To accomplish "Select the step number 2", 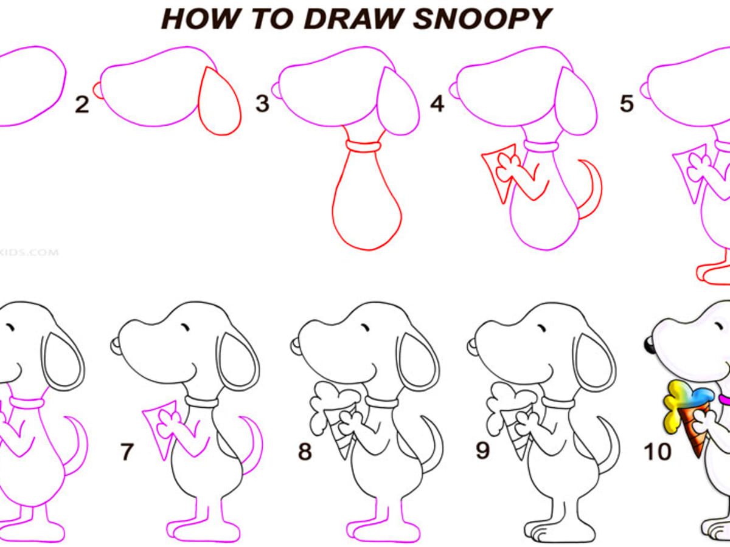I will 82,105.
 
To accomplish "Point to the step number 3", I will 262,104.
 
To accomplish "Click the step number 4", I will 437,104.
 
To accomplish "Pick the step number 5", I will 627,104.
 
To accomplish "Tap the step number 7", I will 127,452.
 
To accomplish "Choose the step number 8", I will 305,452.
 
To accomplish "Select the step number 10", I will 658,452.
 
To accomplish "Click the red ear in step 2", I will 219,102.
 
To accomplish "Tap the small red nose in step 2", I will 97,89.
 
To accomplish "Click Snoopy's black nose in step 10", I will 649,346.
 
